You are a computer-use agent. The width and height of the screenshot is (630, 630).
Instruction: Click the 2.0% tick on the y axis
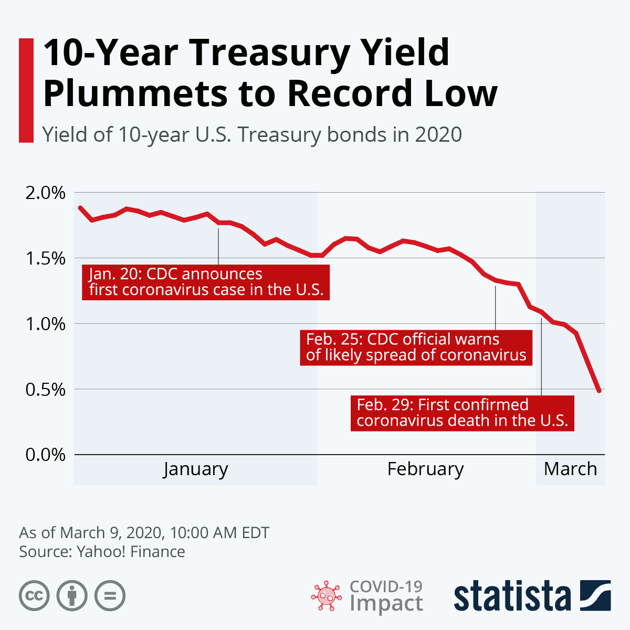pyautogui.click(x=46, y=193)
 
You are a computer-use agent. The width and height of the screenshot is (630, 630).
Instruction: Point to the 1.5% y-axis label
pyautogui.click(x=46, y=258)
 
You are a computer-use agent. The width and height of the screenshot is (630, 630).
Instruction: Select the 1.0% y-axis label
pyautogui.click(x=46, y=324)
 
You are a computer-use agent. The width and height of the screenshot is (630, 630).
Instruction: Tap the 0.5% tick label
pyautogui.click(x=46, y=390)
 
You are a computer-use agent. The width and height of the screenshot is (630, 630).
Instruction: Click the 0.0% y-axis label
pyautogui.click(x=46, y=455)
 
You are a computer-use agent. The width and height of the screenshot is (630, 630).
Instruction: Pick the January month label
pyautogui.click(x=195, y=469)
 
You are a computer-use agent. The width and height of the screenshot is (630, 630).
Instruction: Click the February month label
pyautogui.click(x=425, y=469)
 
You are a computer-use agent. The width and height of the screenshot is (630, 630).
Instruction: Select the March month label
pyautogui.click(x=570, y=469)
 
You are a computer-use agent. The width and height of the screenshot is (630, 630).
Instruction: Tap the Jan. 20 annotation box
pyautogui.click(x=206, y=282)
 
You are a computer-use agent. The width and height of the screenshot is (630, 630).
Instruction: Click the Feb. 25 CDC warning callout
pyautogui.click(x=416, y=347)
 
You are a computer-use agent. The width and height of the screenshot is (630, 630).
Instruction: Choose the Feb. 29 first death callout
pyautogui.click(x=462, y=413)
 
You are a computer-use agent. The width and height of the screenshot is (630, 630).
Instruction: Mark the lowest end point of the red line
pyautogui.click(x=598, y=391)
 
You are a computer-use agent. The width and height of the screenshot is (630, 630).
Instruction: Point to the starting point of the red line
pyautogui.click(x=80, y=207)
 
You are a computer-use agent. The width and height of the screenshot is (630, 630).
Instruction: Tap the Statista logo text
pyautogui.click(x=512, y=596)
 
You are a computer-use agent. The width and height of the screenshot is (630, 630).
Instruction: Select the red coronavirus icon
pyautogui.click(x=325, y=596)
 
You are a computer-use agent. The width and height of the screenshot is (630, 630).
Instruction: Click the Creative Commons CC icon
pyautogui.click(x=34, y=596)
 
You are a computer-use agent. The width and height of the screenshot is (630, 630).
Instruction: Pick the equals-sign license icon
pyautogui.click(x=110, y=596)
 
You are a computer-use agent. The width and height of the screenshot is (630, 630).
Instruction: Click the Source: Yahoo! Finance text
pyautogui.click(x=102, y=552)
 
